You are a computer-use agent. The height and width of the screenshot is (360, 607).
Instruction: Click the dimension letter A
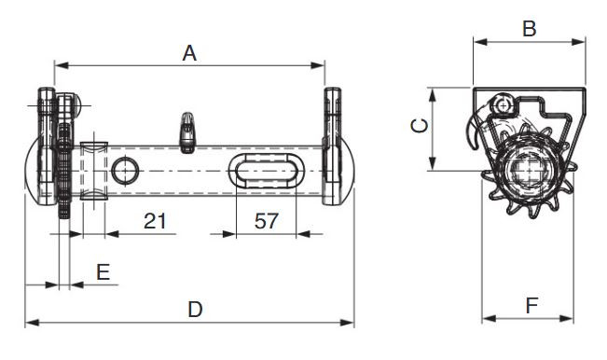(189, 53)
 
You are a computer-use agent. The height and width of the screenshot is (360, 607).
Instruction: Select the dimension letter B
(530, 29)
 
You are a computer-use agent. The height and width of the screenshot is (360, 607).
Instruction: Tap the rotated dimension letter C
(420, 126)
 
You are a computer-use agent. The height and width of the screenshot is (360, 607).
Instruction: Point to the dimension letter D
(195, 310)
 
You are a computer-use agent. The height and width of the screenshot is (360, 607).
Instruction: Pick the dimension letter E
(103, 271)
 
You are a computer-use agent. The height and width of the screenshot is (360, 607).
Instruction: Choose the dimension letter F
(531, 306)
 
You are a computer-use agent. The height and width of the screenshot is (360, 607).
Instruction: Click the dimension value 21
(155, 221)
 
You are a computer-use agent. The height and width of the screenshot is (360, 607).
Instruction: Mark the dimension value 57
(267, 221)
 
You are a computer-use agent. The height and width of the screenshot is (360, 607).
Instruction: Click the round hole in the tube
(125, 171)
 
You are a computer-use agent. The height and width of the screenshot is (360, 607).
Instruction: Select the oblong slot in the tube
(267, 171)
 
